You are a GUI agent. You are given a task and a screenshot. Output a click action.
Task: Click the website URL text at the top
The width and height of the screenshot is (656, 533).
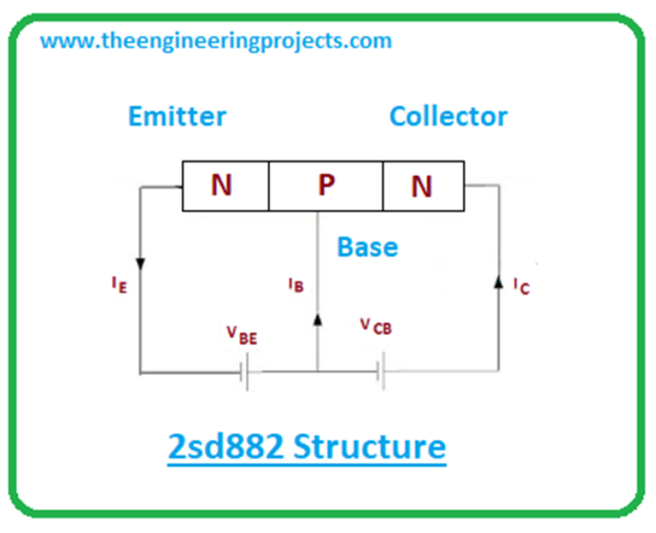click(x=216, y=40)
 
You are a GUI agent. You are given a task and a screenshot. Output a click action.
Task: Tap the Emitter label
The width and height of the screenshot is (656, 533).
click(x=177, y=116)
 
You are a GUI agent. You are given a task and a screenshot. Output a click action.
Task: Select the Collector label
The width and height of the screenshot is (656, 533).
click(x=448, y=116)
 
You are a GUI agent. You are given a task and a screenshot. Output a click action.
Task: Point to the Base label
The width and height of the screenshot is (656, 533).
click(x=367, y=247)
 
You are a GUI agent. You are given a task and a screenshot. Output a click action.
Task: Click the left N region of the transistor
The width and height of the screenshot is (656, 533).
click(x=222, y=185)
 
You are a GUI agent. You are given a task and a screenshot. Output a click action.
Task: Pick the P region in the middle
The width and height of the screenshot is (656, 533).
click(x=325, y=185)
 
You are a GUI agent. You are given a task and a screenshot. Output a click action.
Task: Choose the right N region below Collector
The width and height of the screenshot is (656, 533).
click(x=422, y=186)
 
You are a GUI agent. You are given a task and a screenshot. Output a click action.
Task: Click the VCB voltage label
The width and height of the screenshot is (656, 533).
click(x=376, y=327)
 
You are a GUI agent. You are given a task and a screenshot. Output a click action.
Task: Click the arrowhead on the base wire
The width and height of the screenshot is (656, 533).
click(x=318, y=319)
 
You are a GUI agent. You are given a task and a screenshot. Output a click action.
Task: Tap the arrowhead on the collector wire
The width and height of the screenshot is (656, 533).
click(x=499, y=281)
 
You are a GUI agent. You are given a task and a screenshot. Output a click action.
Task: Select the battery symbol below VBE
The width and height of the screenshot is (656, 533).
click(x=245, y=372)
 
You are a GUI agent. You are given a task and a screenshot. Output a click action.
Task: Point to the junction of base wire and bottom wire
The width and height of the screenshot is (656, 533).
click(x=318, y=372)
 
